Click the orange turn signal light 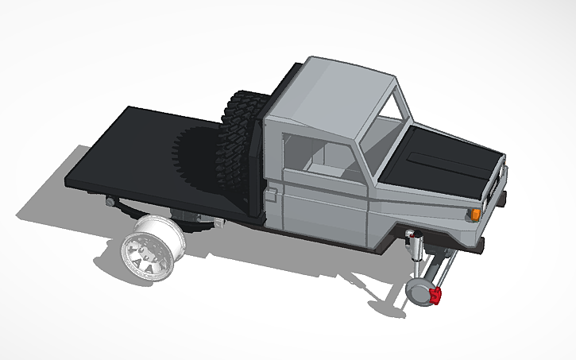pos(476,214)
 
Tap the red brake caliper pos(436,296)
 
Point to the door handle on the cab pos(273,192)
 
